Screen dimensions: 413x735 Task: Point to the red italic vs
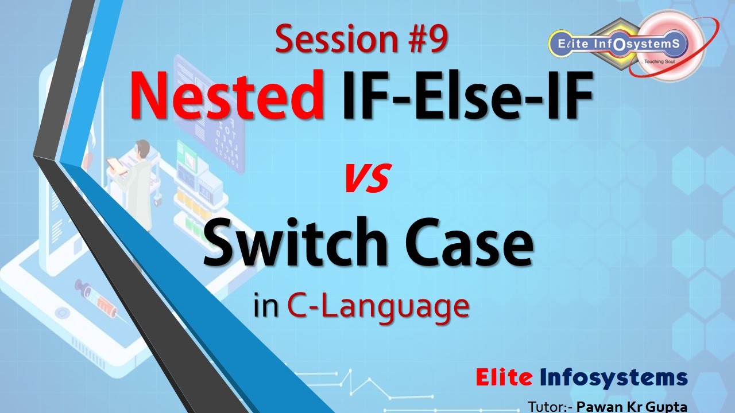pyautogui.click(x=367, y=178)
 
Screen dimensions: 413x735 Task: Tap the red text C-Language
pyautogui.click(x=378, y=306)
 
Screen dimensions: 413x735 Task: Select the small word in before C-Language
pyautogui.click(x=268, y=306)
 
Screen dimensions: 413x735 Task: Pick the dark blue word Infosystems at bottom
pyautogui.click(x=613, y=377)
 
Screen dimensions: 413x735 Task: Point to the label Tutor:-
pyautogui.click(x=550, y=407)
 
